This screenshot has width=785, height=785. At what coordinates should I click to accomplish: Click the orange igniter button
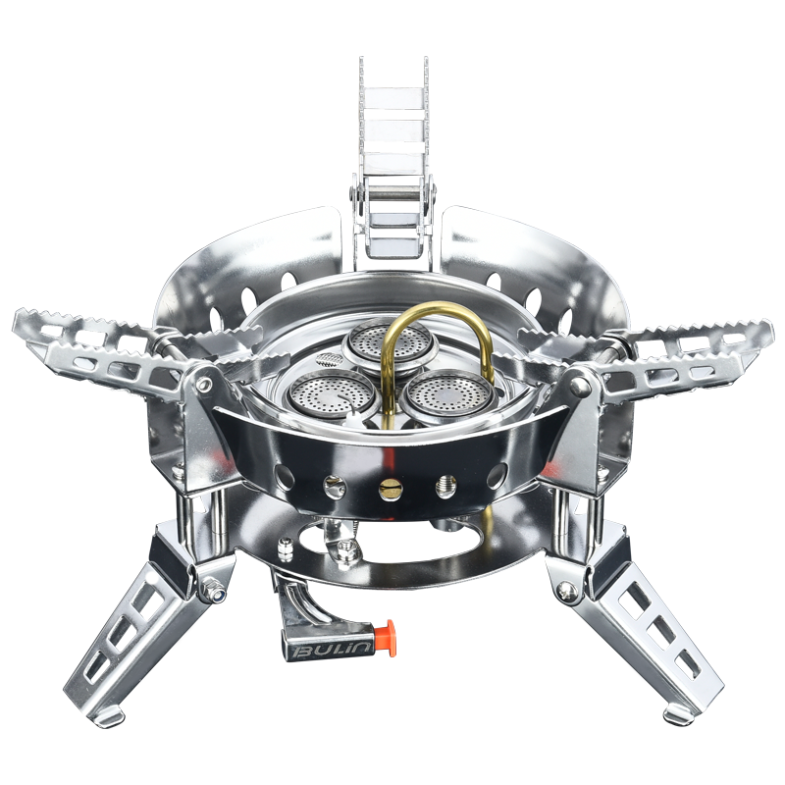[386, 638]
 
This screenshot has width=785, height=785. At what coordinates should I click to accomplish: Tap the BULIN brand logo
[332, 651]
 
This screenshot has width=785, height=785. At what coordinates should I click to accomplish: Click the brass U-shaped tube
[435, 350]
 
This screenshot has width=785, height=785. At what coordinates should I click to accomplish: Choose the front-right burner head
[447, 395]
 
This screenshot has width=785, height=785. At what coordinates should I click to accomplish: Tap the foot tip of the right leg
[678, 714]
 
